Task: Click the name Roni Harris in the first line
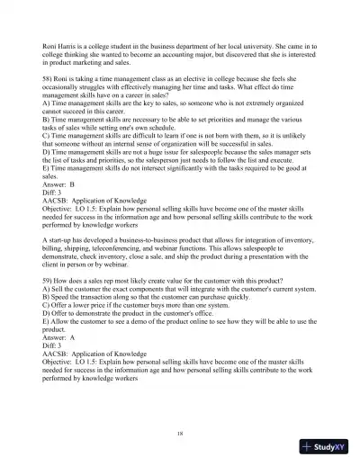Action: (x=49, y=44)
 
